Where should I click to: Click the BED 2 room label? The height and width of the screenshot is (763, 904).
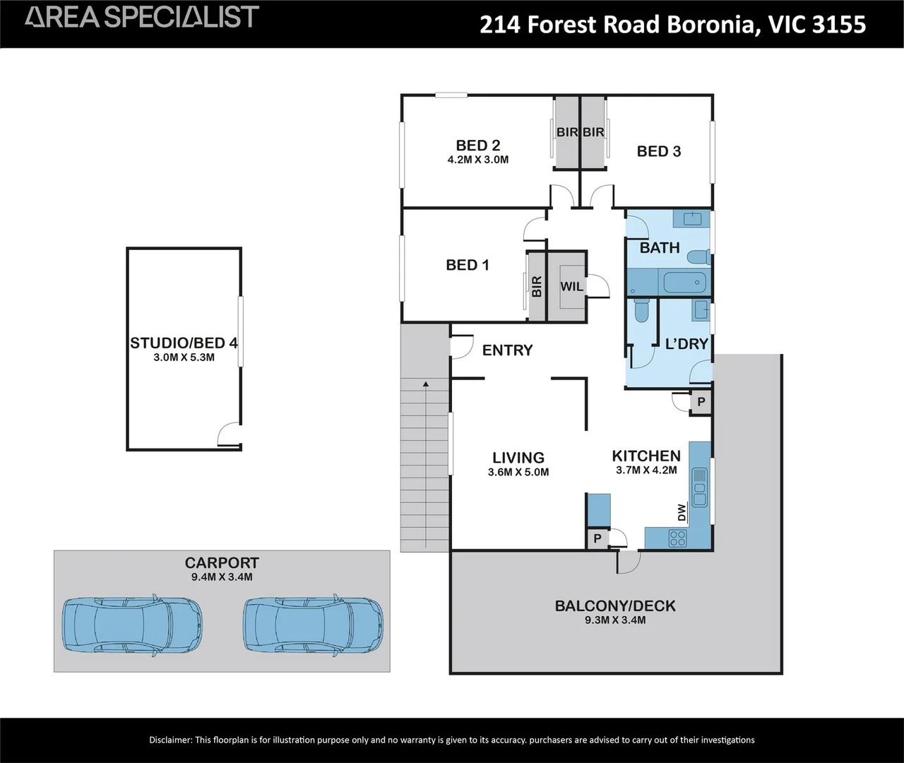coord(478,145)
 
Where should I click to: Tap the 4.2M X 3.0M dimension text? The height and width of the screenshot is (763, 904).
coord(478,160)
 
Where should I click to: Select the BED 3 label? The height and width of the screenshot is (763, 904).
coord(658,151)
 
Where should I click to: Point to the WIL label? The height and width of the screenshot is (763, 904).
coord(571,286)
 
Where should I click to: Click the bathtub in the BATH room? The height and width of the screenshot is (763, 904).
coord(685,283)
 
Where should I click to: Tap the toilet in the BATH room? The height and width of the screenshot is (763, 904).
coord(698,256)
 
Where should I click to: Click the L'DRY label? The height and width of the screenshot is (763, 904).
coord(686,344)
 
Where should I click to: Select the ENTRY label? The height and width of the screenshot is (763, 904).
coord(507,350)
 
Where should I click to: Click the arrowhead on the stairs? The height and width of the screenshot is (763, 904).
coord(426,384)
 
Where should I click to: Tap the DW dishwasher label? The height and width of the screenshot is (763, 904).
coord(682,512)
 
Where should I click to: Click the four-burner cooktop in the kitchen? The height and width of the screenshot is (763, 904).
coord(677,538)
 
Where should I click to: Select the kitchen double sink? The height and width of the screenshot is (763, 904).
coord(700,487)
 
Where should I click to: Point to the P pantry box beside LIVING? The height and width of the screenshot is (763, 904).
coord(597,538)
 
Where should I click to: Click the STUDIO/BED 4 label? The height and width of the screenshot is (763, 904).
coord(184,343)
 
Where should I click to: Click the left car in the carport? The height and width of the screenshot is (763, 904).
coord(133,625)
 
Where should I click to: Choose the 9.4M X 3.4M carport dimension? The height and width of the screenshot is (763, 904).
coord(222,576)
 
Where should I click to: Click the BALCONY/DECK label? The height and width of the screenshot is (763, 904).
coord(615,606)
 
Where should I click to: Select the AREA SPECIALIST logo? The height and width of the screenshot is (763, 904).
coord(141,16)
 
